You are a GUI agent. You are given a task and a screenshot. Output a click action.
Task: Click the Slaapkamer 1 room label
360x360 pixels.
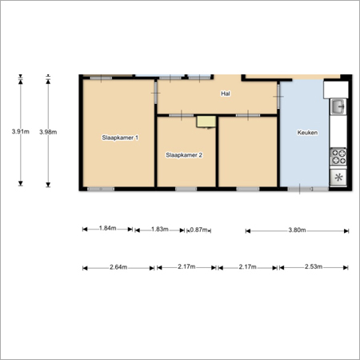pos(120,138)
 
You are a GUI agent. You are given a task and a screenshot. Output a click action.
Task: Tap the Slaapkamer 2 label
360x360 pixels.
pos(184,155)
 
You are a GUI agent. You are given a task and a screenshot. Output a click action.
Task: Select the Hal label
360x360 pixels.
pos(226,94)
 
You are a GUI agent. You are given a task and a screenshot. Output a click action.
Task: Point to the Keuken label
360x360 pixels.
pos(307,133)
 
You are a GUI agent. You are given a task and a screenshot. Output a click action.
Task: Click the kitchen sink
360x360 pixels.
pos(338,106)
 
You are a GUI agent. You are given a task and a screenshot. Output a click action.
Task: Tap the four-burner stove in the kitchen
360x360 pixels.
pos(338,157)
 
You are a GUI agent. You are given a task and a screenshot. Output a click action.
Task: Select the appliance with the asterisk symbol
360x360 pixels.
pos(338,177)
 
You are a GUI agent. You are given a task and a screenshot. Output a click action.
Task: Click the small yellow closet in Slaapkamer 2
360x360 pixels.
pos(206,122)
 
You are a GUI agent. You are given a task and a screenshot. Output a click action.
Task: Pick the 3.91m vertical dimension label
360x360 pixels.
pos(21,131)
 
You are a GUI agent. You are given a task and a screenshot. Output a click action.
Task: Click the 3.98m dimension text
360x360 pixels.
pos(48,132)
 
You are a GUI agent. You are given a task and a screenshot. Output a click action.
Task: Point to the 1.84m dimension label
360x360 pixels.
pos(107,228)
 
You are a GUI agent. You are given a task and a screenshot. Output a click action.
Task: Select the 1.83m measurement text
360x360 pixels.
pos(160,229)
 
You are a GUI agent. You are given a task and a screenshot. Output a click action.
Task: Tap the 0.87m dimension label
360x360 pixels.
pos(198,230)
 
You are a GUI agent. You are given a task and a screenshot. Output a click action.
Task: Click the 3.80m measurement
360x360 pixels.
pos(297,230)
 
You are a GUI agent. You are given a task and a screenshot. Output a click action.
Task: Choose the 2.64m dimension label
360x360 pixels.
pos(118,267)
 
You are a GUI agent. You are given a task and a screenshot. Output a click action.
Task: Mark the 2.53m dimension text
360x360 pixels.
pos(314,266)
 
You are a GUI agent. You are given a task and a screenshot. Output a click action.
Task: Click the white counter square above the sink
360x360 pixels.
pos(336,90)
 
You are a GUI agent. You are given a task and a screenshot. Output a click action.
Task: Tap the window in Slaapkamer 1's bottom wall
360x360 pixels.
pos(101,189)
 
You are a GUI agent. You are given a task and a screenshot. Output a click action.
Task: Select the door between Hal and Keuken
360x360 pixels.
pos(278,96)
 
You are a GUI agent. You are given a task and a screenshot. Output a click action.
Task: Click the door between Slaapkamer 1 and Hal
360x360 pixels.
pos(156,93)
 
